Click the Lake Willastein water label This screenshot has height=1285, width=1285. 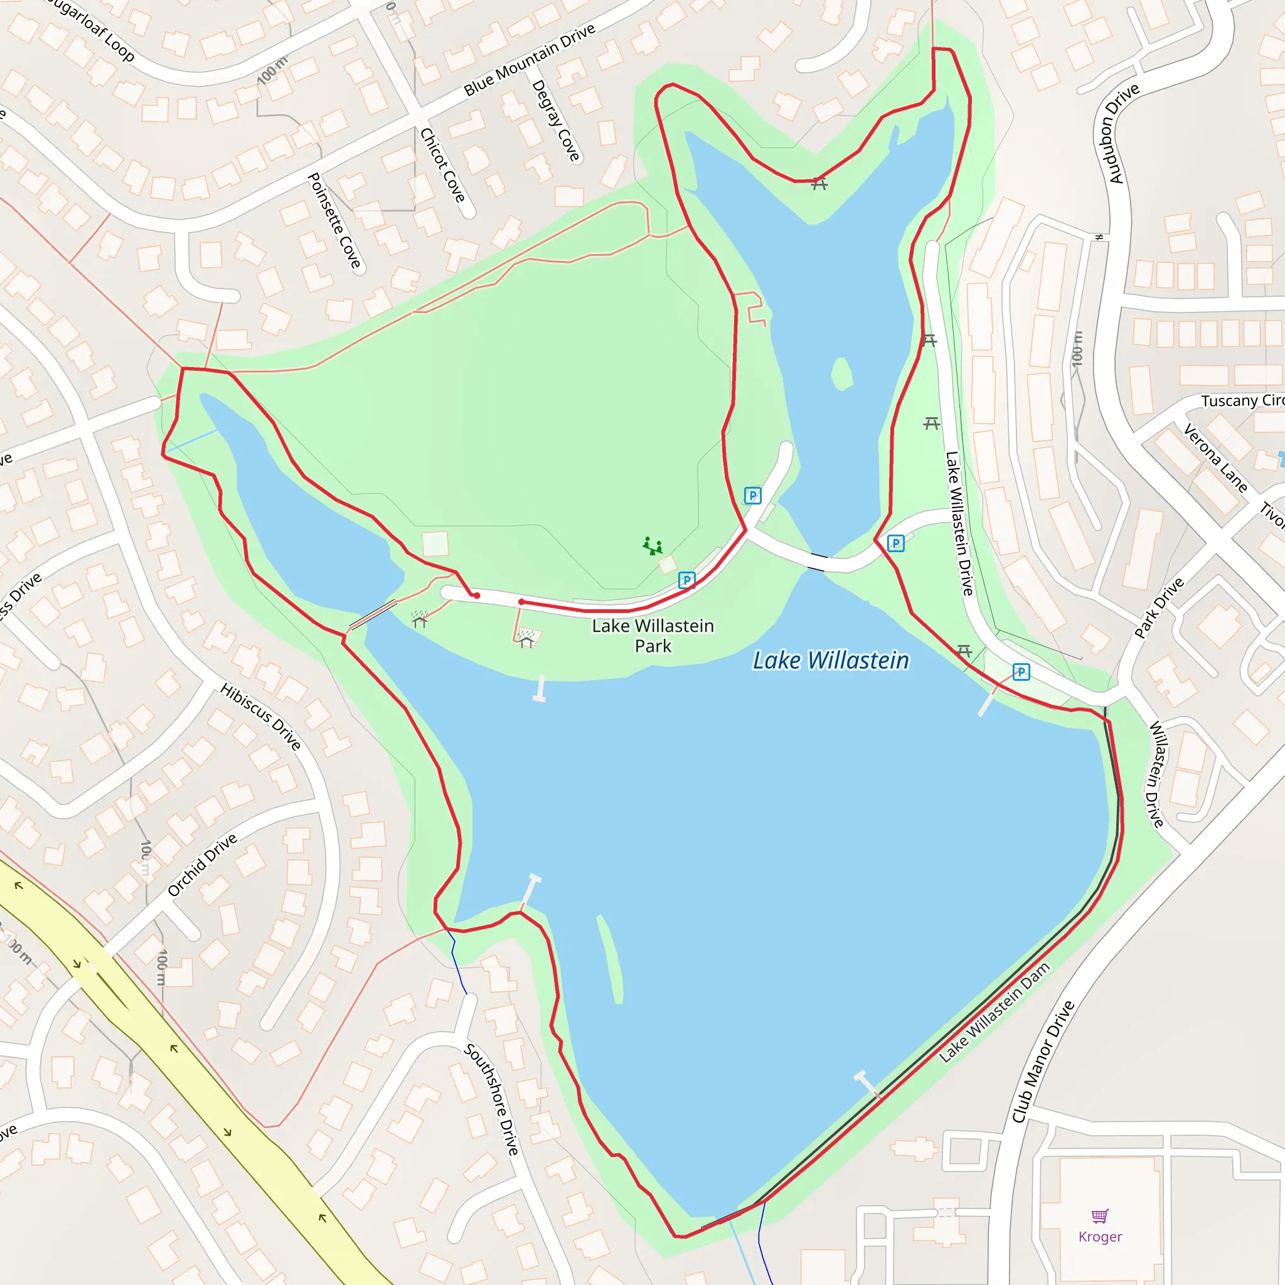pos(831,661)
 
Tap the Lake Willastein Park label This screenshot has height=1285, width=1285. pos(653,636)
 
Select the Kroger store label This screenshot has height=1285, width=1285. pos(1100,1237)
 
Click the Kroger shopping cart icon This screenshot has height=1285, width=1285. pos(1100,1217)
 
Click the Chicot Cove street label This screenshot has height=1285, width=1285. pos(442,165)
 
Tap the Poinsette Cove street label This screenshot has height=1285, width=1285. pos(334,220)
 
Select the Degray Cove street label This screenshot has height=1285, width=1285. pos(556,120)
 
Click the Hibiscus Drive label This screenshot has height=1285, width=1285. pos(261,717)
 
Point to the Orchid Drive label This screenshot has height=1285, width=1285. pos(202,865)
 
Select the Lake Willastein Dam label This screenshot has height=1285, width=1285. pos(994,1011)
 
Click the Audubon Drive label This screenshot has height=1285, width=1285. pos(1123,133)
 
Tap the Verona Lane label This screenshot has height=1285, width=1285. pos(1215,458)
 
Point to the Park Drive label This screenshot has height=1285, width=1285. pos(1159,607)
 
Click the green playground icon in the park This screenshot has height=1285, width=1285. pos(653,546)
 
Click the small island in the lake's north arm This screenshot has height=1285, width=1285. pos(842,374)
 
